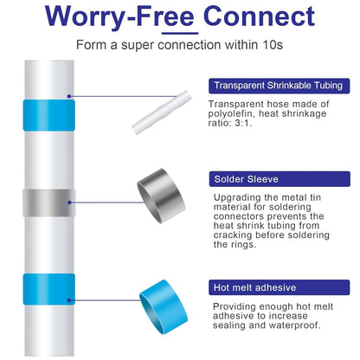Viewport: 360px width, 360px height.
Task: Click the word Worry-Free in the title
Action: pyautogui.click(x=119, y=16)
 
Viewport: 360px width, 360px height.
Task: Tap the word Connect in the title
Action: pyautogui.click(x=259, y=16)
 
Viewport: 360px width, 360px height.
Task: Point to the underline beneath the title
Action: pyautogui.click(x=180, y=33)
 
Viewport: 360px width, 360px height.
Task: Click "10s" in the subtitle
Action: pyautogui.click(x=273, y=45)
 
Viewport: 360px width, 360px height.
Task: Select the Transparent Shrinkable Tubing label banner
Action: pyautogui.click(x=280, y=86)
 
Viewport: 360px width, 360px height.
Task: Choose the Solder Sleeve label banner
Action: pyautogui.click(x=280, y=179)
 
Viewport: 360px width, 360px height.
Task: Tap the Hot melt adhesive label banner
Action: pyautogui.click(x=280, y=287)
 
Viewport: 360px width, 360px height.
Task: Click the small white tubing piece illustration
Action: pyautogui.click(x=162, y=112)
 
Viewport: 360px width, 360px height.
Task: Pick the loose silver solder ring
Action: pyautogui.click(x=161, y=196)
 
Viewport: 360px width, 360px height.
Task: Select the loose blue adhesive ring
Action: pyautogui.click(x=164, y=307)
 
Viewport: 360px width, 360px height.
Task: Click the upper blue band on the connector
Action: pyautogui.click(x=49, y=115)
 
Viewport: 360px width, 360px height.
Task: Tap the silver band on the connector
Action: pyautogui.click(x=49, y=202)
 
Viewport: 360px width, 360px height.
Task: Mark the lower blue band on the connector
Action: pyautogui.click(x=49, y=289)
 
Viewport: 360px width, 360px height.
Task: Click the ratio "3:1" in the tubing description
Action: pyautogui.click(x=242, y=123)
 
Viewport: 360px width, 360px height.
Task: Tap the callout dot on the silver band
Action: pyautogui.click(x=69, y=202)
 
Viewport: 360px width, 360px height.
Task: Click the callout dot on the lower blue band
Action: pyautogui.click(x=69, y=300)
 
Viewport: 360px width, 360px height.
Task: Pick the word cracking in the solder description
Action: pyautogui.click(x=233, y=235)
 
